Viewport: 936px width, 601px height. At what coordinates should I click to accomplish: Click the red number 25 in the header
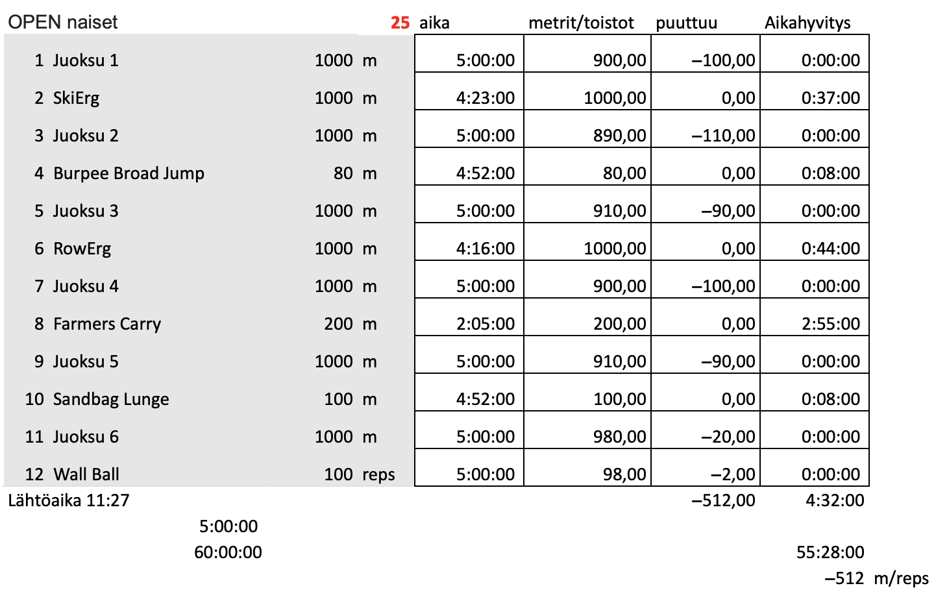point(400,23)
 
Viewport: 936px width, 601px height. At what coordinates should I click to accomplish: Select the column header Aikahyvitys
point(807,23)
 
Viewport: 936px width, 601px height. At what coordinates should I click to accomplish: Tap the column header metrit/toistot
point(581,23)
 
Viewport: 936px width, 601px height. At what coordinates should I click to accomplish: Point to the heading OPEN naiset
point(63,22)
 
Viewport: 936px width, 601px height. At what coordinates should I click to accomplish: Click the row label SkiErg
point(77,98)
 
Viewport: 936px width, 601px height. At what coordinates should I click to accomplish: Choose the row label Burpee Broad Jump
point(129,173)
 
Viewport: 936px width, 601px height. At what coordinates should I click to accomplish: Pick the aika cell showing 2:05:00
point(486,324)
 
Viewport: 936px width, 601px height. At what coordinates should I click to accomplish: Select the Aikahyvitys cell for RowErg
point(830,249)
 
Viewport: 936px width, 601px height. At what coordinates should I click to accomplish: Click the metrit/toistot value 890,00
point(619,136)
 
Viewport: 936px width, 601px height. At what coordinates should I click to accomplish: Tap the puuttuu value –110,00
point(723,136)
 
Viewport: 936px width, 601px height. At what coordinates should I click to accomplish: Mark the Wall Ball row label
point(86,474)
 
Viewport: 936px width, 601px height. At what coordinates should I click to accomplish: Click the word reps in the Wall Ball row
point(378,474)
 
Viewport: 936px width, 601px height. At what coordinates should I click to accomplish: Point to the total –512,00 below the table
point(723,500)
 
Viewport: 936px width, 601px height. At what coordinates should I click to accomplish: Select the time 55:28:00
point(830,552)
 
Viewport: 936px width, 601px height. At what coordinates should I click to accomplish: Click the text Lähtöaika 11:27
point(69,500)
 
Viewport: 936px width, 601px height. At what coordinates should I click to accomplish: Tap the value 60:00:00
point(228,552)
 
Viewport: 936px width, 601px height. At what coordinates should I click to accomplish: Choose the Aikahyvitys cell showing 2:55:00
point(830,324)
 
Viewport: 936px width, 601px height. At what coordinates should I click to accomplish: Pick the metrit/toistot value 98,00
point(624,474)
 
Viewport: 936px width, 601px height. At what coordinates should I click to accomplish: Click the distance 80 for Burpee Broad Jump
point(343,173)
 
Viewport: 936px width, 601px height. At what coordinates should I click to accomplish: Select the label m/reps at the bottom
point(901,578)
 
